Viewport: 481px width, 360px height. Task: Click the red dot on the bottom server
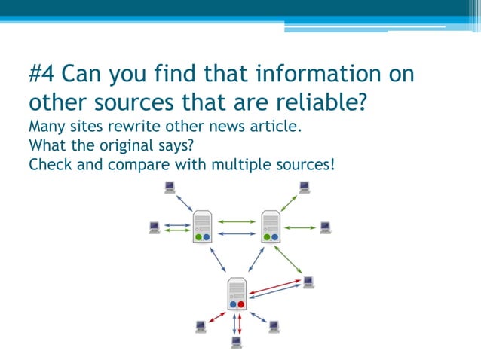coord(241,305)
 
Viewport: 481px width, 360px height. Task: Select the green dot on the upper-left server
coord(198,236)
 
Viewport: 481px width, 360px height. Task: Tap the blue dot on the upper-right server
coord(275,236)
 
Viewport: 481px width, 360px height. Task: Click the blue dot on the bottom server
coord(232,305)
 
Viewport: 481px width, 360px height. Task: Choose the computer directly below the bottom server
coord(237,343)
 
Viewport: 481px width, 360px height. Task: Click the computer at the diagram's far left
coord(154,227)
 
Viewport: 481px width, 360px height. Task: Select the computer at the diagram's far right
coord(325,227)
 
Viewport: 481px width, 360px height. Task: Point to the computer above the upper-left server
coord(170,188)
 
